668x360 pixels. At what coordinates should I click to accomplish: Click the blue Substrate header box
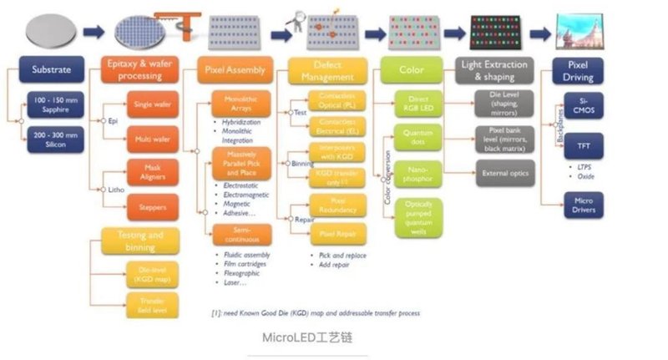pos(50,69)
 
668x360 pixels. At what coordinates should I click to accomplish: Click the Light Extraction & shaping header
pos(494,70)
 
